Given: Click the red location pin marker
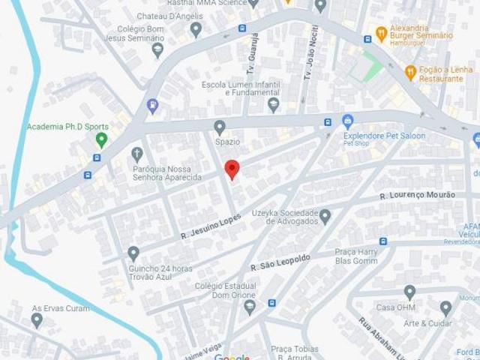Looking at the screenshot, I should coord(232,169).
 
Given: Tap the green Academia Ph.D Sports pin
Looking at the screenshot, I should coord(101,139).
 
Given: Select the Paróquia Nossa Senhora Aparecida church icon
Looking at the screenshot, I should coord(136,154).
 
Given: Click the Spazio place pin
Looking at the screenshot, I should coord(220,127).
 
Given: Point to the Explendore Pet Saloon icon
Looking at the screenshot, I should coord(347,121).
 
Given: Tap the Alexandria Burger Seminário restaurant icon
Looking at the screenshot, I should coord(381,34).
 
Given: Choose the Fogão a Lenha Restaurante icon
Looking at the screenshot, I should coord(410,72).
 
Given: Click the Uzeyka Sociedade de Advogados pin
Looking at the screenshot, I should coord(325,217).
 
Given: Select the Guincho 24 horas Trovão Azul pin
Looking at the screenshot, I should coord(133,253).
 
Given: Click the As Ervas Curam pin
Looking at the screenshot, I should coord(37,320).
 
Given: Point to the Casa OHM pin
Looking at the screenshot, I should coord(409,292).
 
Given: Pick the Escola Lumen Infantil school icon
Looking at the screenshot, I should coord(274,103).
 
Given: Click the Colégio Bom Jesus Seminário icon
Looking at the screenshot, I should coord(157,49).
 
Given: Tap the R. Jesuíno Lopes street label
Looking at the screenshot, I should coord(212,227).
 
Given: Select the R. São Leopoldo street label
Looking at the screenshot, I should coord(280,262).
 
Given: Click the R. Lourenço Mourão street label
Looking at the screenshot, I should coord(418,195).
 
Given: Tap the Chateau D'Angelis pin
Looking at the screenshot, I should coord(196,30).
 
